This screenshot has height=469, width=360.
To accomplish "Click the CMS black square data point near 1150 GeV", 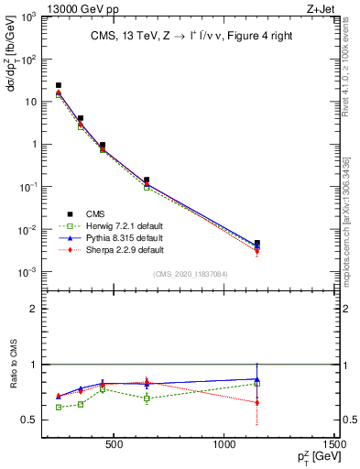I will pos(257,243).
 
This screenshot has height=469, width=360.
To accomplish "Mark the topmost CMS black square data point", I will pos(59,85).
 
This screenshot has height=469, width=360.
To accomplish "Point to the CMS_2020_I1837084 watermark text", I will pos(190,273).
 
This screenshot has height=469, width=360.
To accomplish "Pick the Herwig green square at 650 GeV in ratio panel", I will pos(147,398).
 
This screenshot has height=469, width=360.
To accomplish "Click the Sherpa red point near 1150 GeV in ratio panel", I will pos(257,402).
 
